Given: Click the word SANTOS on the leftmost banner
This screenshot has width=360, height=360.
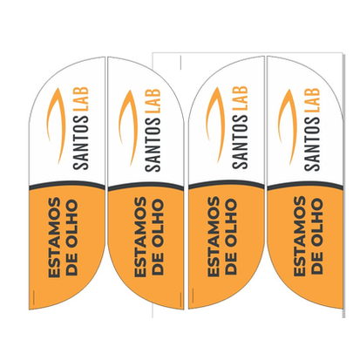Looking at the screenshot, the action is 81,142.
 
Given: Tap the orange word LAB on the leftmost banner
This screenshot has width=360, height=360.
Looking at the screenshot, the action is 81,98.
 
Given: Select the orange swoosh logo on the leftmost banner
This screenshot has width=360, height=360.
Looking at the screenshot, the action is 55,125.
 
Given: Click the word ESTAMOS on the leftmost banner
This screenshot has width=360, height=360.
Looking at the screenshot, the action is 55,237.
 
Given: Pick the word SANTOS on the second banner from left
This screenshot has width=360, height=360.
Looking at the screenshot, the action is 153,145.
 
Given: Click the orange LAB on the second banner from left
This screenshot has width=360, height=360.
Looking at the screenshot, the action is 153,101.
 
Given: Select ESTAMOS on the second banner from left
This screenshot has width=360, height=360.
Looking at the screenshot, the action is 140,237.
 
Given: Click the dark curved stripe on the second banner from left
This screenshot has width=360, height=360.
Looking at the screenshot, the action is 146,187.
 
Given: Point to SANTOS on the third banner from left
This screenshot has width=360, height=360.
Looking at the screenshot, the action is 240,142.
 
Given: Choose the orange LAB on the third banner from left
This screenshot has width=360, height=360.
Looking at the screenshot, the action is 240,98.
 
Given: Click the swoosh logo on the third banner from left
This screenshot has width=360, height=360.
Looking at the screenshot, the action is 215,125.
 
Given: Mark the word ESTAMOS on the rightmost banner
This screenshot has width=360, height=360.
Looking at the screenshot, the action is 299,236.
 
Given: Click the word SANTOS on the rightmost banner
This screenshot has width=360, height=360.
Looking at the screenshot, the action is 312,144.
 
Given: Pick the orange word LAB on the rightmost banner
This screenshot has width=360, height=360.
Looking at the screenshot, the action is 312,100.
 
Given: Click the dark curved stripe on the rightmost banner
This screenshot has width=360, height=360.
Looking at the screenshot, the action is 305,187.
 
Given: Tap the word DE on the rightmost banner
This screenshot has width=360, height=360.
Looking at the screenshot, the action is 316,263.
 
